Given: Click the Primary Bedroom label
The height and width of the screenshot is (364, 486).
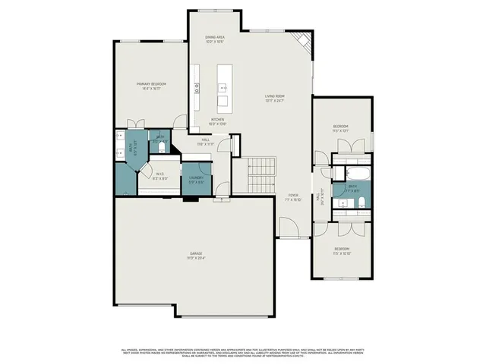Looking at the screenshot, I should click(152, 86).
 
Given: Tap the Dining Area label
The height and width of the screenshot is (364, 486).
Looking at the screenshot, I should click(215, 39).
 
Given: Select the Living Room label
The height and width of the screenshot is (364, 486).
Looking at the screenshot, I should click(274, 98).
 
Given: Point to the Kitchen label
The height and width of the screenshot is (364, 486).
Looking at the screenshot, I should click(217, 122).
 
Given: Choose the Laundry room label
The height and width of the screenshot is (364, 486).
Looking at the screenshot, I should click(195, 180).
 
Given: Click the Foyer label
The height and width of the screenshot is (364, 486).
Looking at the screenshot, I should click(292, 198).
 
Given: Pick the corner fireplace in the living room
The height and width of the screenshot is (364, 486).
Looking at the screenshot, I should click(302, 41).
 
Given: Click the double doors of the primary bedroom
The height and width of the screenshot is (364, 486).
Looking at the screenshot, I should click(136, 123).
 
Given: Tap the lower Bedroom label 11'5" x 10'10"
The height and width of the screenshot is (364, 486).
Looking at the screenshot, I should click(342, 251).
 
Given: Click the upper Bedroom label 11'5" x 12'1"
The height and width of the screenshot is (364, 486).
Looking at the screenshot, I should click(341, 128).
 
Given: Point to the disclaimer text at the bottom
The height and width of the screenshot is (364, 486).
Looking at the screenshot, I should click(243, 352).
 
